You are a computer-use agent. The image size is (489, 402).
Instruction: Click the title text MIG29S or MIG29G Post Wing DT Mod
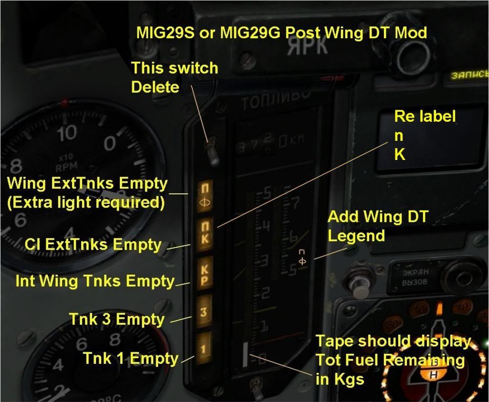281,32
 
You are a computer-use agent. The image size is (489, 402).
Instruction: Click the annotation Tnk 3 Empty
117,319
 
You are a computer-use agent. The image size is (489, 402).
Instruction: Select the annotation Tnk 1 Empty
130,358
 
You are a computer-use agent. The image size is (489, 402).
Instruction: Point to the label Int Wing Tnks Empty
95,281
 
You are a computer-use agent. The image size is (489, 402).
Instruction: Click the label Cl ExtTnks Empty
94,244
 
